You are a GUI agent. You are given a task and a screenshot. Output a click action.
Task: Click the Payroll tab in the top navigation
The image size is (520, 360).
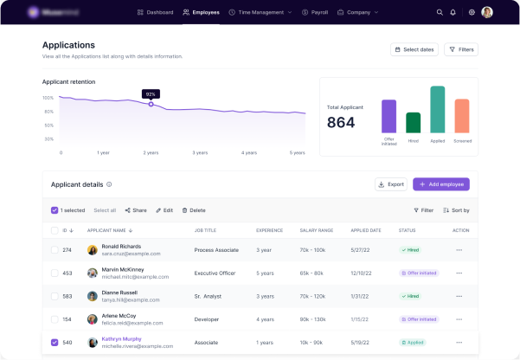pos(315,12)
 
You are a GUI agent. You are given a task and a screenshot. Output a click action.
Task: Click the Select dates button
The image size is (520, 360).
pos(414,49)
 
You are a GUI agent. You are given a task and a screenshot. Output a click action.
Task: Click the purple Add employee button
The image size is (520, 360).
pos(441,184)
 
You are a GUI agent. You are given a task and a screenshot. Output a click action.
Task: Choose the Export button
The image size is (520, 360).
pos(391,184)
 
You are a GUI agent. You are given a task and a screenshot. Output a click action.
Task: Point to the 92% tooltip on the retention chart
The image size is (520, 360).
pos(151,93)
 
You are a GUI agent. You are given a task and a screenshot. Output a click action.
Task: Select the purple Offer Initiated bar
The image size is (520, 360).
pos(389,116)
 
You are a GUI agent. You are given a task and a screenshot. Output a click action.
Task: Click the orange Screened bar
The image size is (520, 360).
pos(462,116)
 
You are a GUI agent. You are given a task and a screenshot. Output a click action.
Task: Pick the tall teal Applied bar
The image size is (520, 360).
pos(438,110)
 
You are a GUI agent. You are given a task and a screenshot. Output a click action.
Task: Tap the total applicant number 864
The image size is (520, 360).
pos(341,123)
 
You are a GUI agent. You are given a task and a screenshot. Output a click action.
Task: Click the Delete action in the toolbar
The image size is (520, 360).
pos(194,210)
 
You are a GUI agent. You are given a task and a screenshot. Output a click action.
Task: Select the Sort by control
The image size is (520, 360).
pos(456,210)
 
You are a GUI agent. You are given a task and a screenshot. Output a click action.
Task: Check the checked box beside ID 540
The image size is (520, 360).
pos(55,342)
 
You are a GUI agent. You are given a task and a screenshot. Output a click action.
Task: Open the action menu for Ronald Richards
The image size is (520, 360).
pos(459,249)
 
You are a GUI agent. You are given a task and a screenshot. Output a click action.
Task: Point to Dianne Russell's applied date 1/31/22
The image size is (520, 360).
pos(360,296)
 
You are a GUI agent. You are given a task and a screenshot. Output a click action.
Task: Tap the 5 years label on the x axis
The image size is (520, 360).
pos(298,152)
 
